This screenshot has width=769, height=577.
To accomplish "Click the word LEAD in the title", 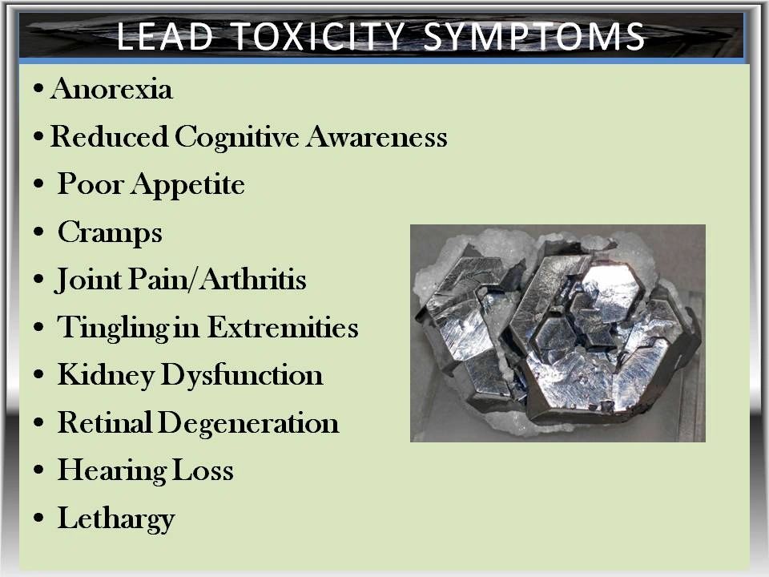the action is click(x=165, y=36).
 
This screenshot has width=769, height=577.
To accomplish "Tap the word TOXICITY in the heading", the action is click(x=317, y=36).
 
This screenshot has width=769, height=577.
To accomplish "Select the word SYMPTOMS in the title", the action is click(x=533, y=36).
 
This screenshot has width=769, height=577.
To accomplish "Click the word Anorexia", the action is click(x=111, y=89).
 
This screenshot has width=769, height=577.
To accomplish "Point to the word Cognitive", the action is click(x=237, y=137).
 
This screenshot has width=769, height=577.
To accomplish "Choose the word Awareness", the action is click(x=377, y=136).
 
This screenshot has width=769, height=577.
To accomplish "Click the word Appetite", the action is click(x=187, y=186).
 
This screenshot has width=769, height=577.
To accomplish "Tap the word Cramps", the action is click(x=110, y=233).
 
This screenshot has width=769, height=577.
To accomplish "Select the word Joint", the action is click(x=88, y=280).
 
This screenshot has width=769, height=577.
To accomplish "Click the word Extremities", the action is click(x=283, y=327).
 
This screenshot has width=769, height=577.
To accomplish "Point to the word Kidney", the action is click(x=106, y=376).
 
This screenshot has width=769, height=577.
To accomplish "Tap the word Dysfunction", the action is click(x=242, y=375).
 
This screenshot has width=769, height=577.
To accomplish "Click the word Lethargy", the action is click(x=116, y=518).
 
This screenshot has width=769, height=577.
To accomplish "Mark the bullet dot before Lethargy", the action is click(x=38, y=518).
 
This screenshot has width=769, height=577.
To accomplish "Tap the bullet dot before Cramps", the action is click(x=38, y=232).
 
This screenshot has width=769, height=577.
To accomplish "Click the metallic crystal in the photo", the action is click(x=559, y=333).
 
